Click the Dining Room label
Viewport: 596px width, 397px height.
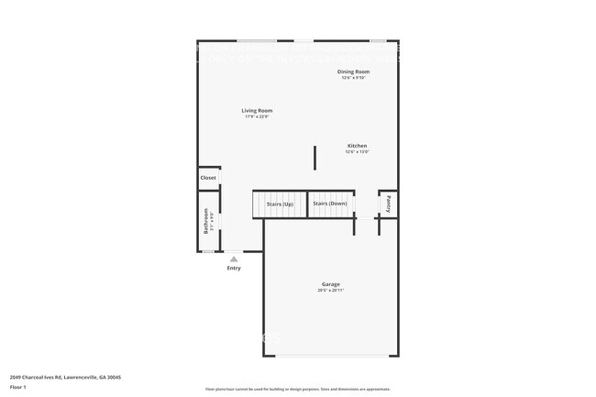point(353,72)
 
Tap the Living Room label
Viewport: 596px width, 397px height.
point(257,111)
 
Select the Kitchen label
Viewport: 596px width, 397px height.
point(357,146)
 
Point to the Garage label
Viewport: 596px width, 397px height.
point(330,284)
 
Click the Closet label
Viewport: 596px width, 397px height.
point(208,178)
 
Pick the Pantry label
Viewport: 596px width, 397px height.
point(389,204)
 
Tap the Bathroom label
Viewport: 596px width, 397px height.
point(205,221)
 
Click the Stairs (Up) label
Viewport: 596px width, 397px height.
point(279,204)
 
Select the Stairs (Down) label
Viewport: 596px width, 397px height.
point(329,204)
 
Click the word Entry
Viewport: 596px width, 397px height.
point(234,268)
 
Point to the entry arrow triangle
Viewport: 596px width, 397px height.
point(234,259)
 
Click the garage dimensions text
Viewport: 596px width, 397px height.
point(330,291)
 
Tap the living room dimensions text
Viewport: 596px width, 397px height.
point(257,116)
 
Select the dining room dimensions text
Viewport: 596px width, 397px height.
point(353,77)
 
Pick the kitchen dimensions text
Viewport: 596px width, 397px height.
point(357,151)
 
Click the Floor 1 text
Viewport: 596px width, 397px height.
point(19,388)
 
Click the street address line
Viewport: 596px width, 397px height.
point(65,377)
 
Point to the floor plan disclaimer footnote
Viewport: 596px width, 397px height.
point(298,389)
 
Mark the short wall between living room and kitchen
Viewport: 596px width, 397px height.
point(315,157)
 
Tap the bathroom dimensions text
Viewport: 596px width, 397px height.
point(212,221)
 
